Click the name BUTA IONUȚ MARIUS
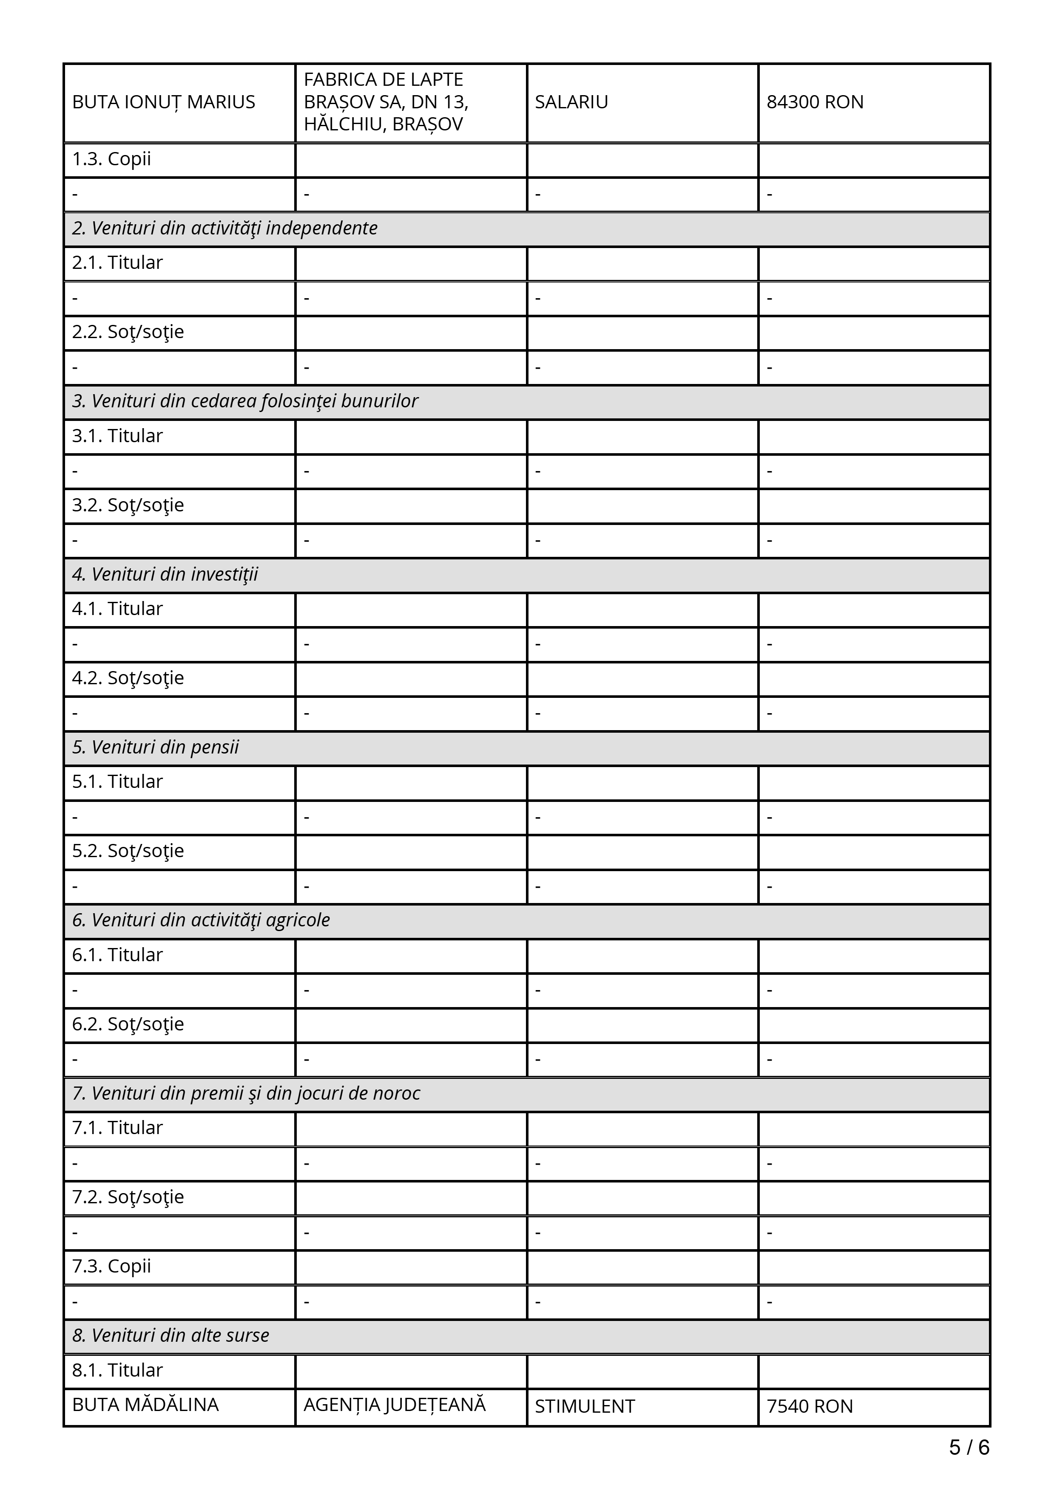164,102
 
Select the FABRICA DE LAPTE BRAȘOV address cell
386,102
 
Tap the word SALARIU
571,102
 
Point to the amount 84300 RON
815,102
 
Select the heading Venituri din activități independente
224,229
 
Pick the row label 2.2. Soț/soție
128,332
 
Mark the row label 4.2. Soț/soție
128,678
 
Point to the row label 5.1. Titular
117,782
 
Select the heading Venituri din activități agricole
201,920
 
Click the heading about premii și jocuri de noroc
246,1093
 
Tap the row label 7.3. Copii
112,1266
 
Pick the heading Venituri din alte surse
170,1335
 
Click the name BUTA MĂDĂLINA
145,1405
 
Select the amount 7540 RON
810,1406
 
